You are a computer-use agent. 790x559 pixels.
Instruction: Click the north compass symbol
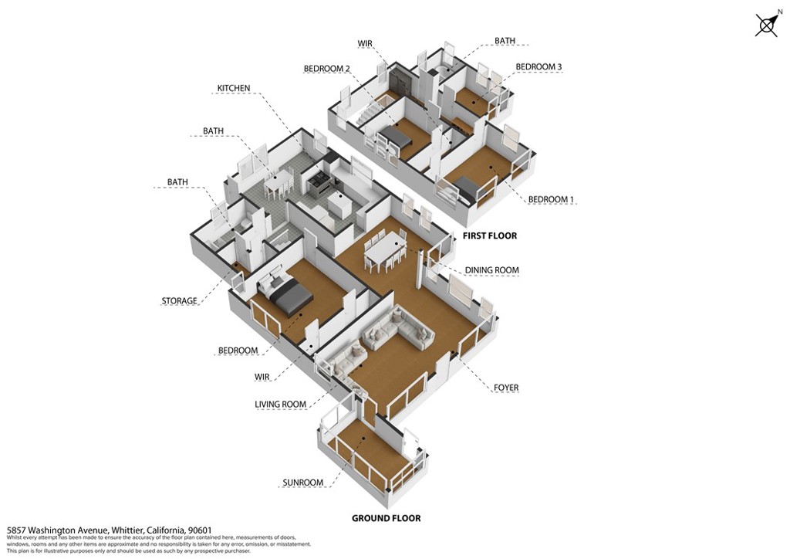tap(767, 24)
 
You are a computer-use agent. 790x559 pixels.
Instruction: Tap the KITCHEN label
tap(233, 88)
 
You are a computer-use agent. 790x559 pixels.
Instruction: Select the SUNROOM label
tap(302, 483)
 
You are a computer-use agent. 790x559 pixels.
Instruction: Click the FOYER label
tap(506, 388)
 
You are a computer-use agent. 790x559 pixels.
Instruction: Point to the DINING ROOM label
tap(491, 270)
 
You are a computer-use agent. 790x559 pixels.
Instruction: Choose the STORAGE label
tap(179, 301)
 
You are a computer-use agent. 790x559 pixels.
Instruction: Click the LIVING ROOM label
tap(281, 404)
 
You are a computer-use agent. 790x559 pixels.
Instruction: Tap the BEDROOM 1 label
tap(551, 200)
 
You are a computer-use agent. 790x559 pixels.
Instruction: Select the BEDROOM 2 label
tap(326, 69)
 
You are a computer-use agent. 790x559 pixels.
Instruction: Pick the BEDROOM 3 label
tap(538, 66)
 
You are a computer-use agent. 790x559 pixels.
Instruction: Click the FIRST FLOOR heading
tap(490, 235)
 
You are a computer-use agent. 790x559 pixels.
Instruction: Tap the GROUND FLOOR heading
tap(386, 518)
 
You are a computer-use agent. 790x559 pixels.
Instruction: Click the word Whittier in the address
tap(127, 530)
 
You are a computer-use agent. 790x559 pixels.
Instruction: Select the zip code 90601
tap(200, 530)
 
